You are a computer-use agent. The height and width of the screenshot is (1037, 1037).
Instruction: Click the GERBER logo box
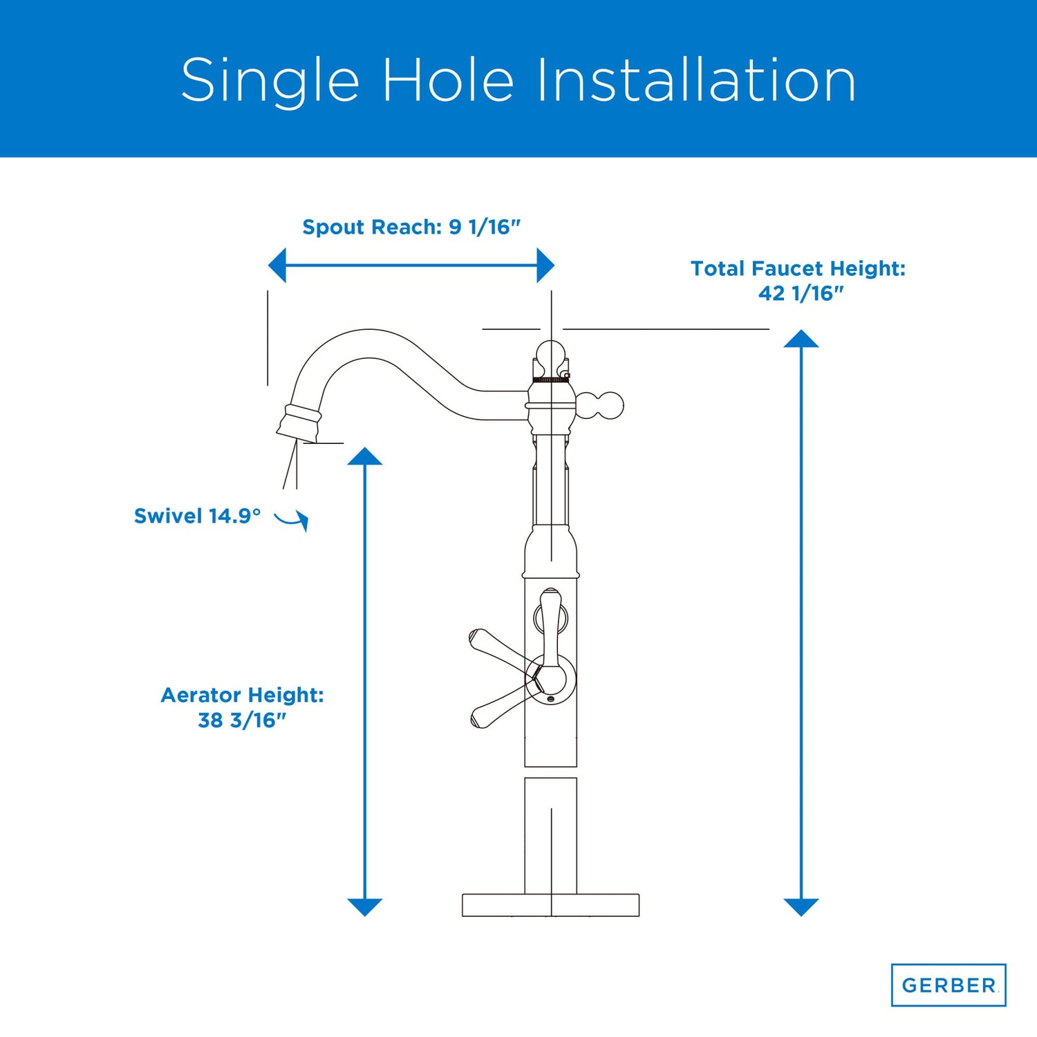pyautogui.click(x=949, y=984)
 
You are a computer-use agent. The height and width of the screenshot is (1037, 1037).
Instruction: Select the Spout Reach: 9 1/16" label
pyautogui.click(x=411, y=227)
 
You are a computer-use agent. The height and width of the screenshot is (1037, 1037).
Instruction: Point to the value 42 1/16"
pyautogui.click(x=801, y=293)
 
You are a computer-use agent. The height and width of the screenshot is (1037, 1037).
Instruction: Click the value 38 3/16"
pyautogui.click(x=242, y=720)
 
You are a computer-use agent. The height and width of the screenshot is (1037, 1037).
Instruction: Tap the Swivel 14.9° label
pyautogui.click(x=198, y=516)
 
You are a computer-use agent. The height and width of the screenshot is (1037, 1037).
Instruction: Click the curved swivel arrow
pyautogui.click(x=292, y=520)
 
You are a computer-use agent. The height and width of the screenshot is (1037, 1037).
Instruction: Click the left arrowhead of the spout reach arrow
pyautogui.click(x=277, y=265)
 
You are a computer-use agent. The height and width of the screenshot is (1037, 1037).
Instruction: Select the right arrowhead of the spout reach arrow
pyautogui.click(x=545, y=265)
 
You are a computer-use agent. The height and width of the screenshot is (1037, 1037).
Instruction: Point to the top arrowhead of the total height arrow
pyautogui.click(x=801, y=339)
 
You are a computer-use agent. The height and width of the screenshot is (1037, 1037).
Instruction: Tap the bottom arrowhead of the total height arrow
pyautogui.click(x=801, y=907)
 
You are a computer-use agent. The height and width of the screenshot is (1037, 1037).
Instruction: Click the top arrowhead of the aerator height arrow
pyautogui.click(x=365, y=456)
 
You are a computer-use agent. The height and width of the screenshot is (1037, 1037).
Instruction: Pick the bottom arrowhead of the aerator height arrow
pyautogui.click(x=365, y=907)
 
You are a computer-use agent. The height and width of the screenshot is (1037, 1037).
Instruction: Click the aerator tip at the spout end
pyautogui.click(x=299, y=424)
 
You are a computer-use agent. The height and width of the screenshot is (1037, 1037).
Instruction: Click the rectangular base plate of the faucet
pyautogui.click(x=551, y=905)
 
